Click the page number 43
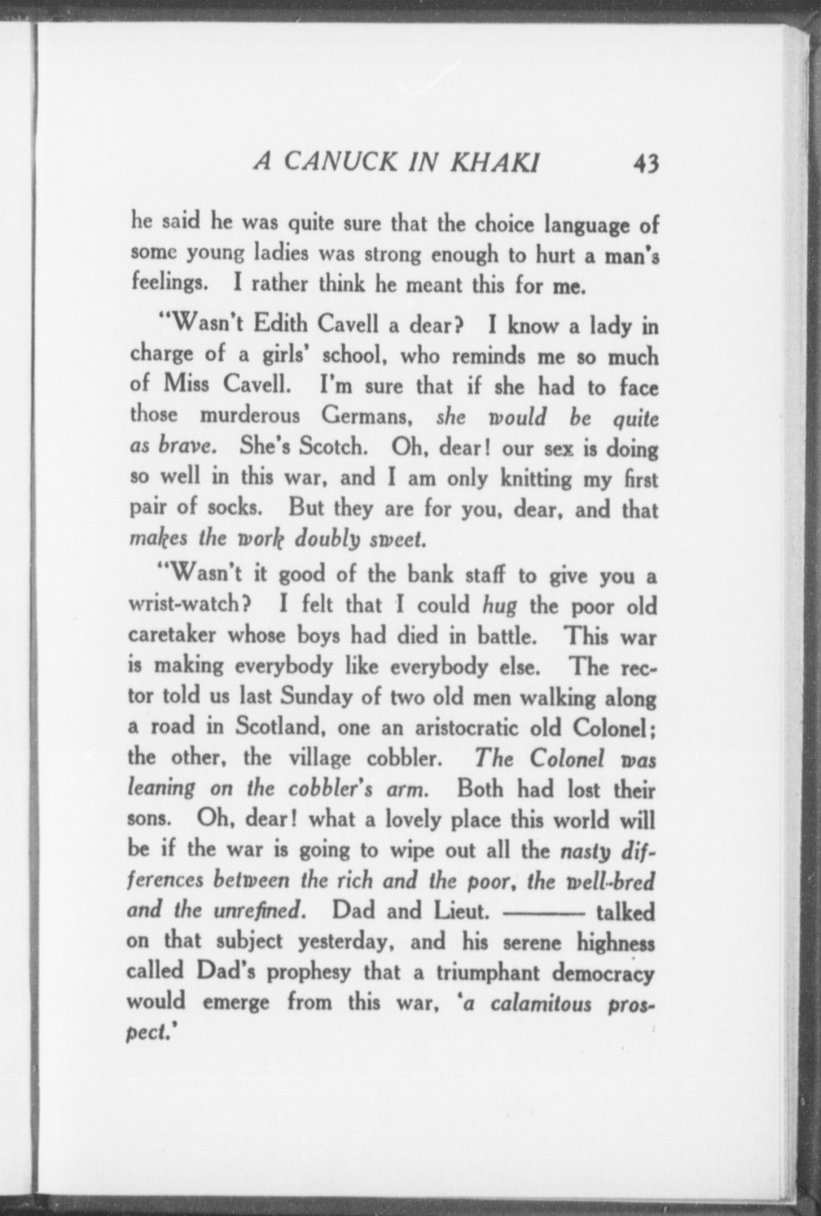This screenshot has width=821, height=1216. click(645, 165)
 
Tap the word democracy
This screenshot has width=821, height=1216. click(603, 973)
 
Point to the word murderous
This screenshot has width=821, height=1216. click(250, 416)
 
